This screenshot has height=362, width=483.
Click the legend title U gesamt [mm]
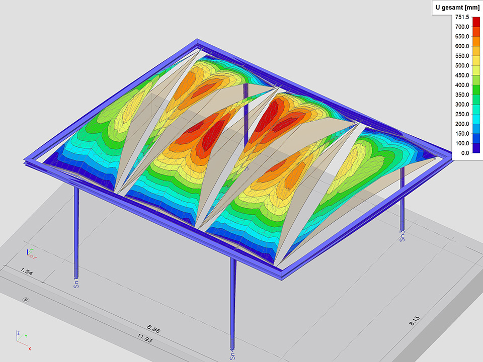457,8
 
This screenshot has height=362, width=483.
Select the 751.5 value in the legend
462,17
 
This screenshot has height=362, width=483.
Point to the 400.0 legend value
462,85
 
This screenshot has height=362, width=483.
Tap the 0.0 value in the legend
465,153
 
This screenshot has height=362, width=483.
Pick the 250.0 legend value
462,114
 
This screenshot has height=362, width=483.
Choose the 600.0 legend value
462,46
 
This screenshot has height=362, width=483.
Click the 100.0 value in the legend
462,143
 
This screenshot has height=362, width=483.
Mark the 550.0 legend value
462,56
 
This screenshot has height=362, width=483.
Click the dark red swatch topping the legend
476,22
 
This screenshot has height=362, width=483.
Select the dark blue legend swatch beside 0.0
476,148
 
